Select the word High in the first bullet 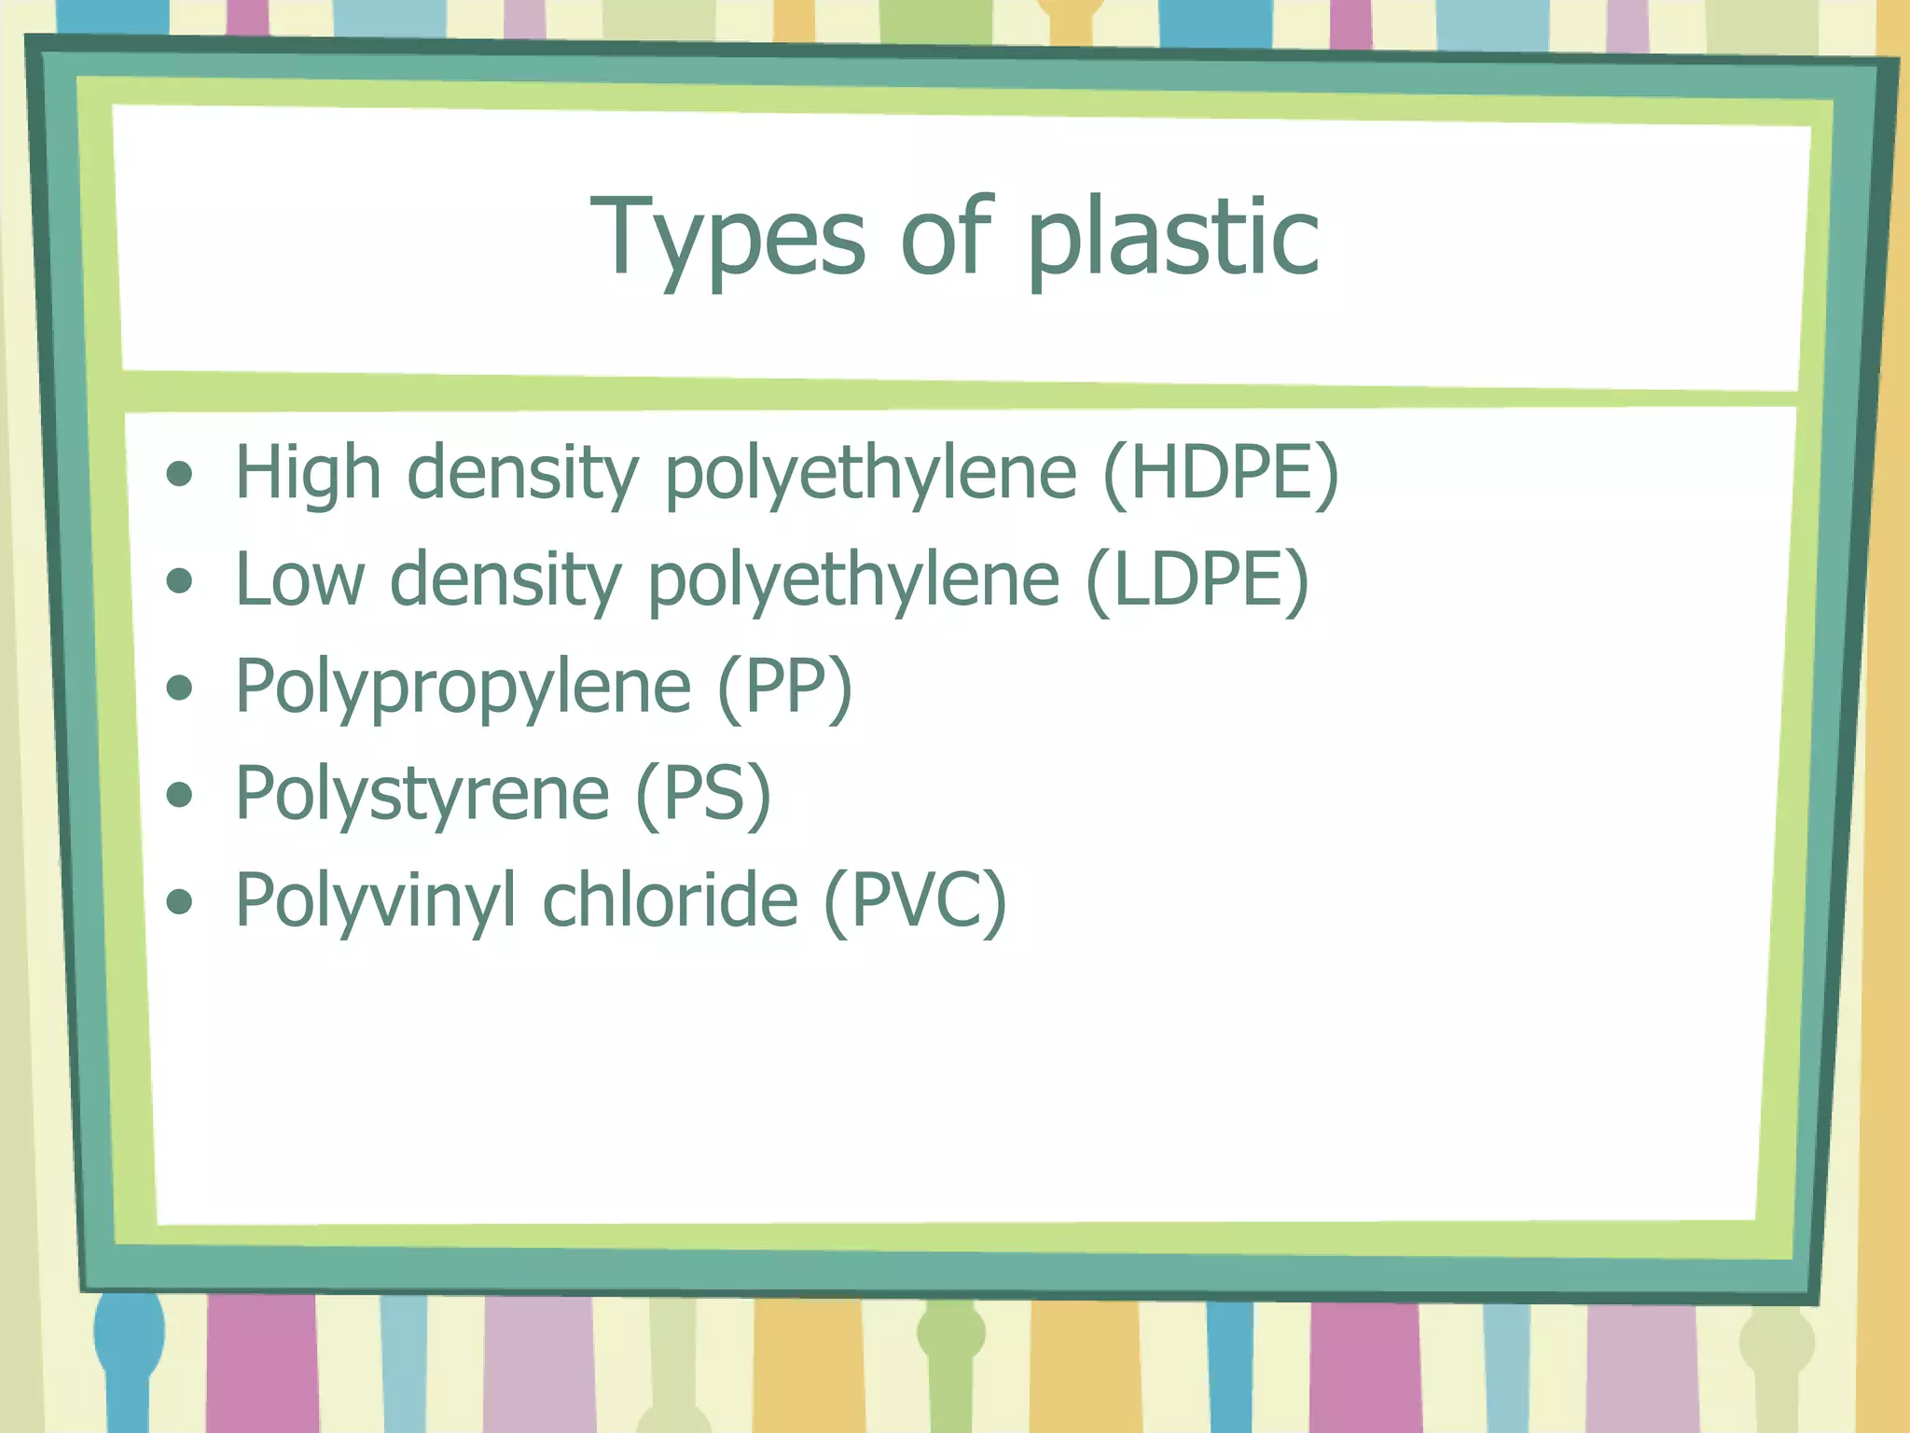pos(308,473)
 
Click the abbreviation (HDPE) pos(1220,473)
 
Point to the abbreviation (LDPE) pos(1197,580)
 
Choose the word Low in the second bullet pos(299,580)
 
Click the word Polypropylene pos(463,688)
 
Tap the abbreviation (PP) pos(784,688)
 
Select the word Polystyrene pos(422,794)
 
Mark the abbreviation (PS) pos(703,794)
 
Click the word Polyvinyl pos(375,901)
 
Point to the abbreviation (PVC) pos(915,901)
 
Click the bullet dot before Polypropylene pos(179,689)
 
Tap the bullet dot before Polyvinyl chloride pos(179,902)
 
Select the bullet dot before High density pos(179,475)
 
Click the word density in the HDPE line pos(522,473)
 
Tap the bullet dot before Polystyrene pos(179,795)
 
